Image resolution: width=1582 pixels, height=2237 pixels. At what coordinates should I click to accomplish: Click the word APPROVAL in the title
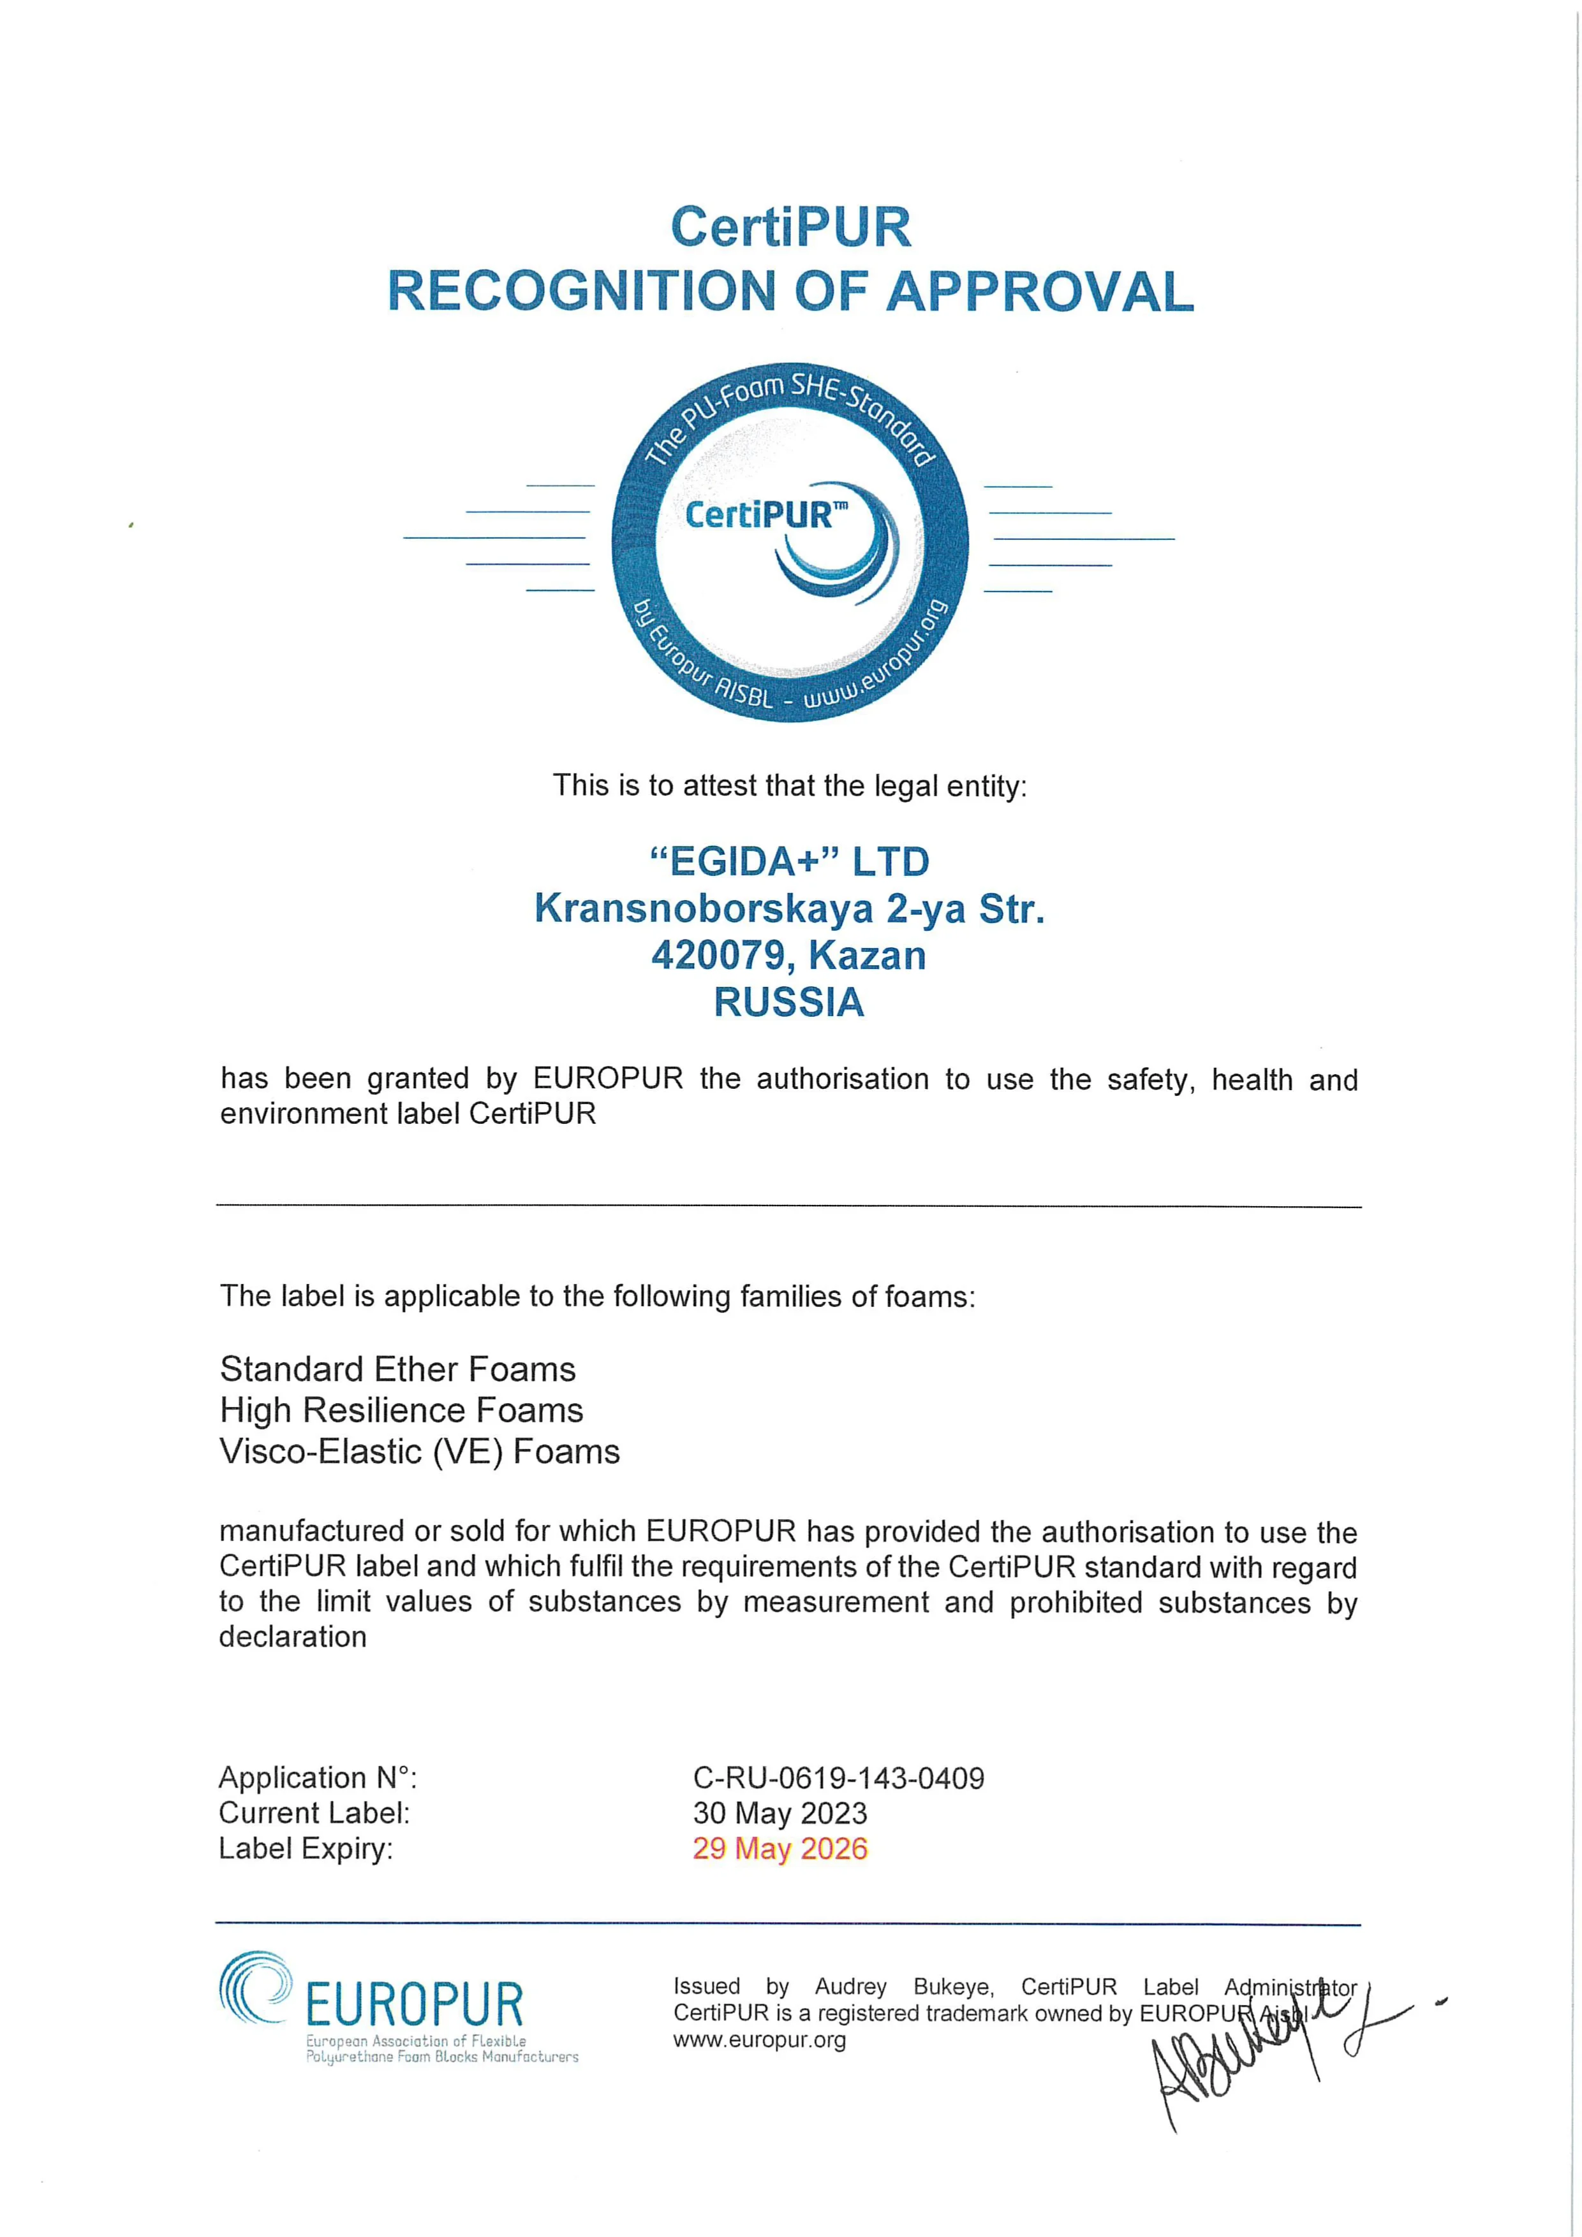[x=1039, y=291]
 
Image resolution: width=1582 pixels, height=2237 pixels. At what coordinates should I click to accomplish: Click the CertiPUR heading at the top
[x=790, y=227]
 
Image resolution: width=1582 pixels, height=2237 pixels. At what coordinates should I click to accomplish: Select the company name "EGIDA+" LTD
[x=790, y=861]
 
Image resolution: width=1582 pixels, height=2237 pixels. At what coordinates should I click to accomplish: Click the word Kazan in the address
[x=868, y=955]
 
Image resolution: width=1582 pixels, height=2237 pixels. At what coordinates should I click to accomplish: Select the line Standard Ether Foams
[x=397, y=1369]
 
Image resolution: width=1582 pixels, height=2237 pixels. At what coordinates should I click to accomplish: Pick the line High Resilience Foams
[x=402, y=1410]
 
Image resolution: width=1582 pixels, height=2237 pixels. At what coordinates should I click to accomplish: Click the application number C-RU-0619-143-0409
[x=838, y=1778]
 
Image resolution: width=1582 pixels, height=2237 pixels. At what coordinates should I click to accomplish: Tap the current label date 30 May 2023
[x=780, y=1813]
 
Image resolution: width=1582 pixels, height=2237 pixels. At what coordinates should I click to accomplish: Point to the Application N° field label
[x=318, y=1778]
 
